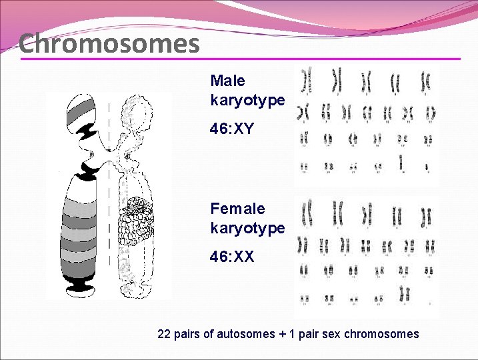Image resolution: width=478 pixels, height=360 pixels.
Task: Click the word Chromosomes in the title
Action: (x=109, y=44)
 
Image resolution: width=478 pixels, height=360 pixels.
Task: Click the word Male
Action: (x=227, y=81)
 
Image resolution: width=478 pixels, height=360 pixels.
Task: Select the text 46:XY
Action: (x=232, y=129)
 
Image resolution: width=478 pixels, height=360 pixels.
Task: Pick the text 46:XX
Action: (x=232, y=256)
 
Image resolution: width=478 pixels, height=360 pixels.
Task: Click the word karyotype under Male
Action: (x=247, y=101)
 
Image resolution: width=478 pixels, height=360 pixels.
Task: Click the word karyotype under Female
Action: (x=247, y=228)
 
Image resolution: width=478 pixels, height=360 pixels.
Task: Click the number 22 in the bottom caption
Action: (x=164, y=333)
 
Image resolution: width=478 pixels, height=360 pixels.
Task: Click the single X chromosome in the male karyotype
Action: (x=401, y=162)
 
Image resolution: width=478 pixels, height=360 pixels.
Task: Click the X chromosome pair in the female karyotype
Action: (x=404, y=293)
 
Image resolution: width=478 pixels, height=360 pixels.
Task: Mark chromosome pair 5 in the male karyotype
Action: (x=425, y=82)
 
